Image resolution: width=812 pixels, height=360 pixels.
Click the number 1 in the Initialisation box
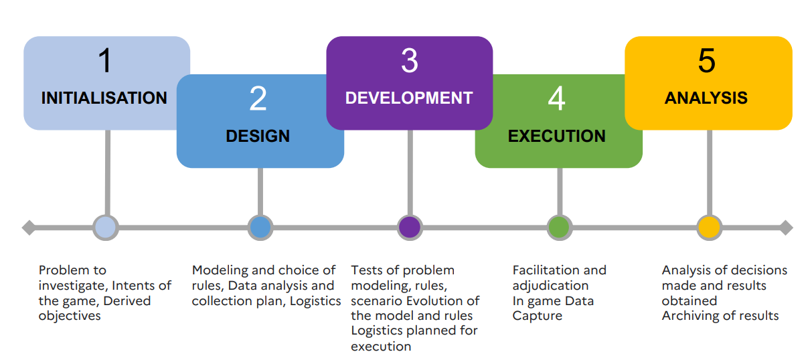click(105, 60)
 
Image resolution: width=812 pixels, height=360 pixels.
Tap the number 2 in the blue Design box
click(258, 98)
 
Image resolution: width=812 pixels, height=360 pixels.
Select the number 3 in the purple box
click(410, 61)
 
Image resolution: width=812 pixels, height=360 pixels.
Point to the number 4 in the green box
click(557, 98)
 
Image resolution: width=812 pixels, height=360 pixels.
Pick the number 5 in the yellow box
click(707, 61)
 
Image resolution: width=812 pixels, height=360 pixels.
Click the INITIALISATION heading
click(104, 98)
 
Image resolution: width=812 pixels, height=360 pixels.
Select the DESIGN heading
click(258, 137)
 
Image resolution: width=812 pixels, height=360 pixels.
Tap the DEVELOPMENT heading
click(409, 98)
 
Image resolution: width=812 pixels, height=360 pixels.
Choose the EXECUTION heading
click(557, 137)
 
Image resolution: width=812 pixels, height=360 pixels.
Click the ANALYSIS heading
click(706, 98)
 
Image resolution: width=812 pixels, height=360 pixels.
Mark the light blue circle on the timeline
click(106, 228)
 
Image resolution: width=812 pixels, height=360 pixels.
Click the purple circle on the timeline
click(410, 228)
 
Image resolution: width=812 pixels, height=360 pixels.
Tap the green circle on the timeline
click(560, 228)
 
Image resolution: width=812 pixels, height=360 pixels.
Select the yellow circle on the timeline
click(710, 228)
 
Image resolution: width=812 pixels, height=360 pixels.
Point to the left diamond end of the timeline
click(29, 228)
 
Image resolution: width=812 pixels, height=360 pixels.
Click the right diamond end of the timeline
click(786, 228)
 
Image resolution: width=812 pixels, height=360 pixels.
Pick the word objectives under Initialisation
click(70, 317)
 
